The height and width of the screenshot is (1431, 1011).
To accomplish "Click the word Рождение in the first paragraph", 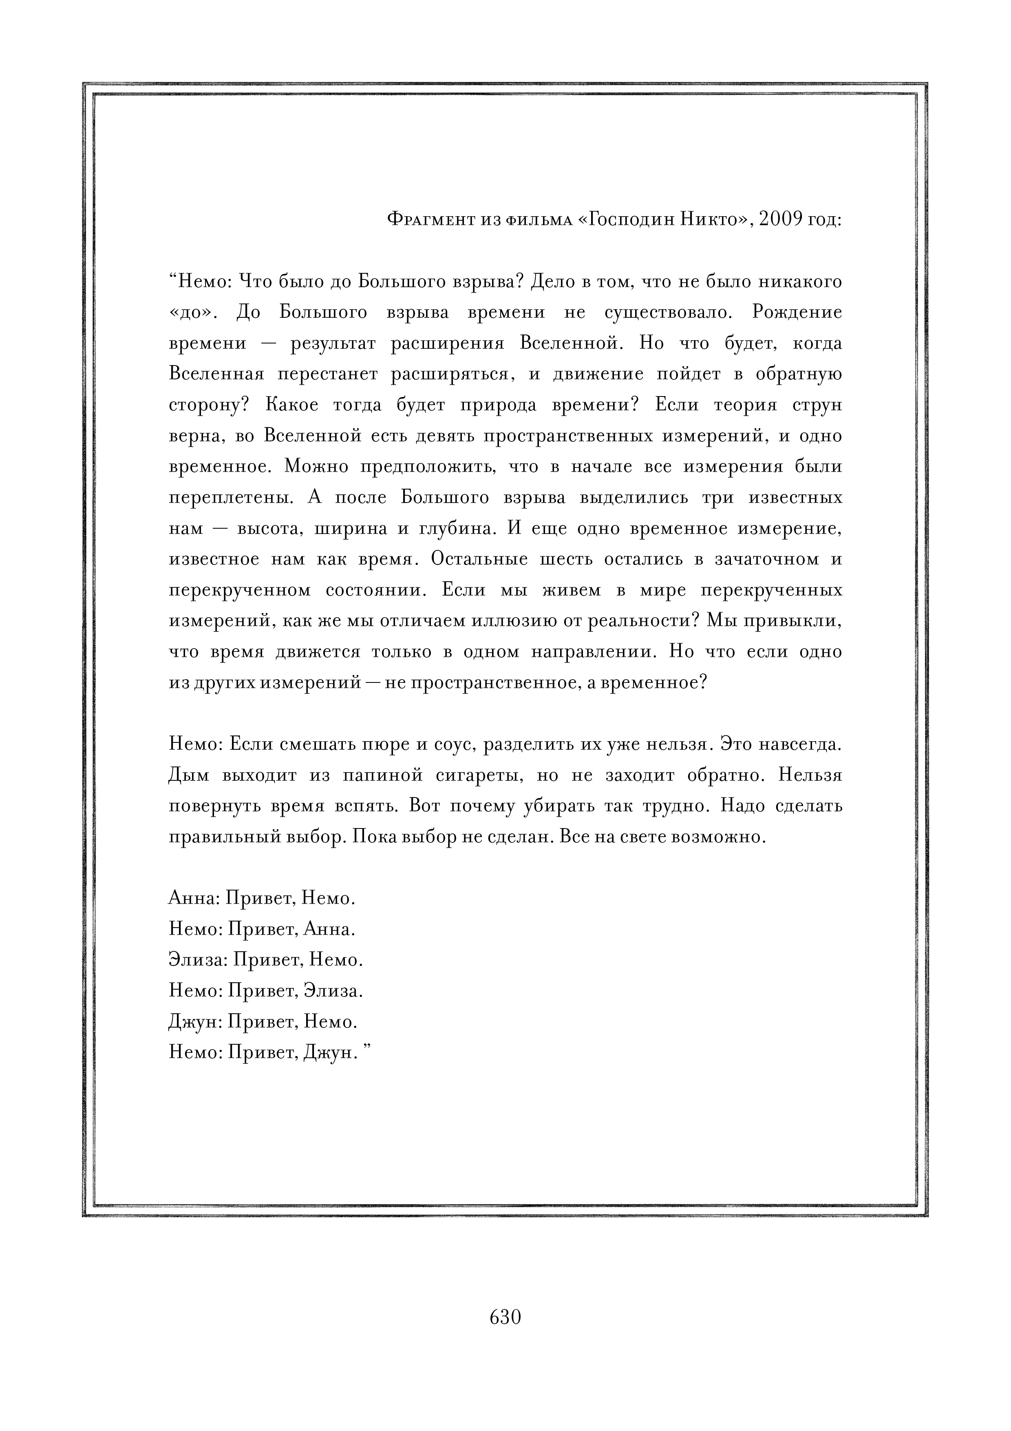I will [x=797, y=312].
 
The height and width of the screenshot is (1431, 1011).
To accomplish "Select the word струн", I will [x=817, y=405].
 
